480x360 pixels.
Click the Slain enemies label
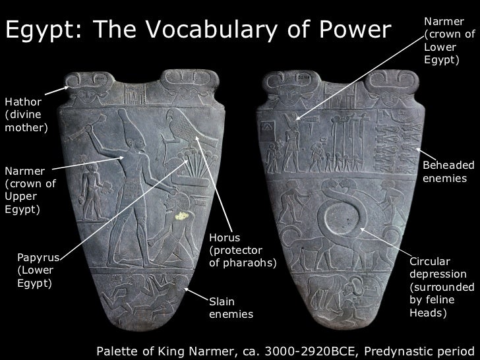pyautogui.click(x=231, y=308)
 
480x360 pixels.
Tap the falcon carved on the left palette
pyautogui.click(x=180, y=132)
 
